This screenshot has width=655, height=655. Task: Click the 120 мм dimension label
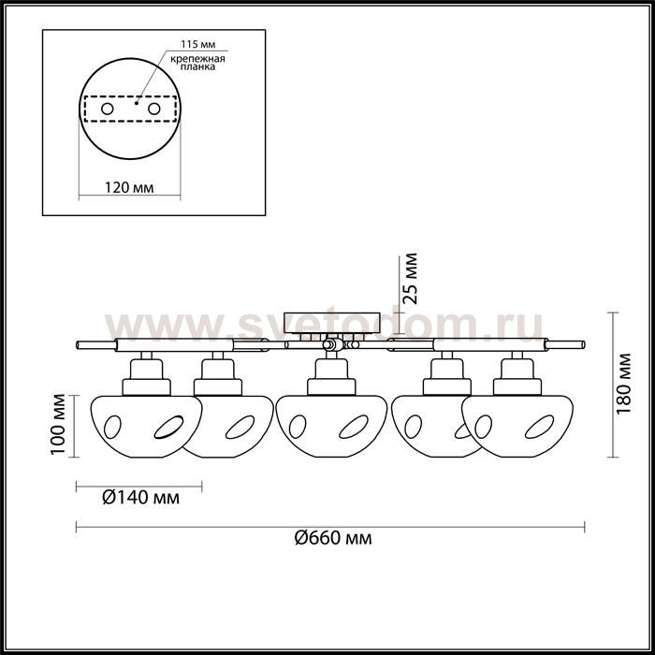(129, 187)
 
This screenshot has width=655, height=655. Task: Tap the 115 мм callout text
(198, 44)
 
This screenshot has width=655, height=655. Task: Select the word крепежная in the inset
(197, 58)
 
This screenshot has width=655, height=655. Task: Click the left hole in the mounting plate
(108, 109)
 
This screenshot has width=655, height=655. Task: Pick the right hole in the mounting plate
(154, 109)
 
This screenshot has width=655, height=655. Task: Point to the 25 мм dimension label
(410, 278)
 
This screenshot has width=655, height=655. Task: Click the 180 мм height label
(624, 384)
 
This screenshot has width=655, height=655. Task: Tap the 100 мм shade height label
(57, 425)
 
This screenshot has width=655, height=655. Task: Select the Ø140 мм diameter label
(141, 498)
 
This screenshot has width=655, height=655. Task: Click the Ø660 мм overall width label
(333, 538)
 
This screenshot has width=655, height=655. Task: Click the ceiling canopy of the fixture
(331, 323)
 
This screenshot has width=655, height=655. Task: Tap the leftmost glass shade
(147, 426)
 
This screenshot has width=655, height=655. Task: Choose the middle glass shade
(331, 426)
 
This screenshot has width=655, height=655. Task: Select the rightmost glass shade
(517, 426)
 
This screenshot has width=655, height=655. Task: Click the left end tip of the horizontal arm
(77, 345)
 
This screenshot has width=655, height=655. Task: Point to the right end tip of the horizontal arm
(584, 345)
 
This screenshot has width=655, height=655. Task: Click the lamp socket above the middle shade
(331, 376)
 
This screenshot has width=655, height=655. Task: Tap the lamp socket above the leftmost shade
(147, 376)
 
